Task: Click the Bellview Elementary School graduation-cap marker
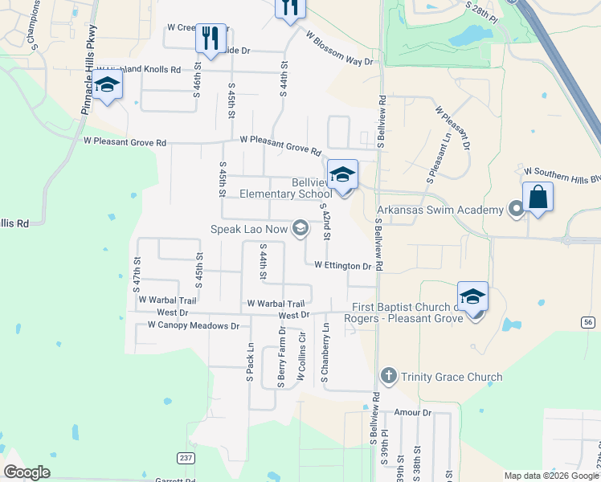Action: [342, 175]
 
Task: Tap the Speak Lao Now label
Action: [249, 230]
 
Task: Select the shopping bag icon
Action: [538, 197]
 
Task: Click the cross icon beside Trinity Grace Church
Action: [388, 376]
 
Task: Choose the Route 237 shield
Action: [186, 458]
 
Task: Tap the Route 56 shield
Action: [588, 321]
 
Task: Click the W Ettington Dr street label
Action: [342, 265]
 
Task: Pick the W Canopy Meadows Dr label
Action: [194, 326]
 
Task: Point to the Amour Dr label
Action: [413, 412]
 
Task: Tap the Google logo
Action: [27, 472]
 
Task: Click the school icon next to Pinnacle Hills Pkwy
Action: [107, 85]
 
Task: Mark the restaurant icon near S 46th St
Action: [211, 38]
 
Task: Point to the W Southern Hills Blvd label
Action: [561, 172]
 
